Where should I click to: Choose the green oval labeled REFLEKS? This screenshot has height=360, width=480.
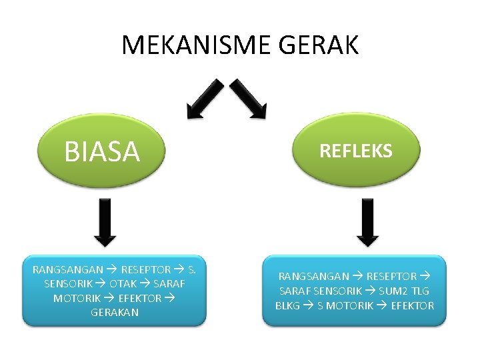356,151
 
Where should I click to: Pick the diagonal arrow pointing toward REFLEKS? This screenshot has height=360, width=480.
249,99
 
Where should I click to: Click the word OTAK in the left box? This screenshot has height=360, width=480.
123,284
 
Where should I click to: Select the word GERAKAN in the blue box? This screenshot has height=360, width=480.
115,312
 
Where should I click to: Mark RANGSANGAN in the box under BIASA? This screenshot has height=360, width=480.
68,270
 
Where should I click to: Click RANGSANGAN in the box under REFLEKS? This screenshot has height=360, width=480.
313,276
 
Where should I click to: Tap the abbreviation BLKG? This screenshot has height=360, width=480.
288,306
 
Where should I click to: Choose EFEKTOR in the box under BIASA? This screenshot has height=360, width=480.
139,298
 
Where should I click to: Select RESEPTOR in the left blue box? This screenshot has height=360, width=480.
145,270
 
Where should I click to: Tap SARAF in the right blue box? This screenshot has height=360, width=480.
294,291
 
